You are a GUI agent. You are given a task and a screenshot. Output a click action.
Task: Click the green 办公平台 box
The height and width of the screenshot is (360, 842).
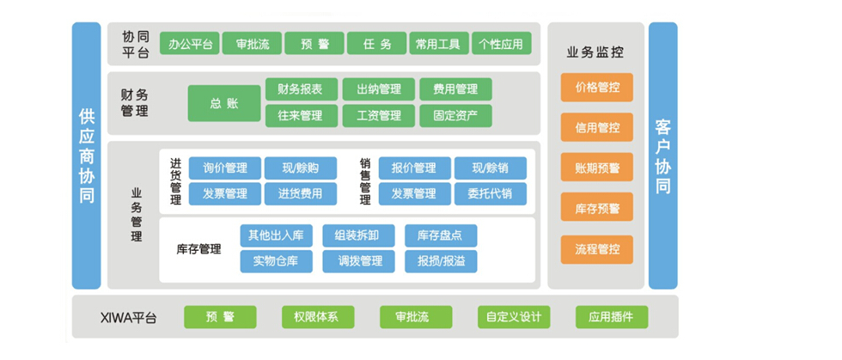click(x=191, y=44)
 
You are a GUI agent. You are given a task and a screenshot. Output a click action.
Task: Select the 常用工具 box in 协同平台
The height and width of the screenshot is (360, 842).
click(x=438, y=44)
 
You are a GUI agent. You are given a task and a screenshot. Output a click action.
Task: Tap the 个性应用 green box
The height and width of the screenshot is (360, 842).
click(x=501, y=44)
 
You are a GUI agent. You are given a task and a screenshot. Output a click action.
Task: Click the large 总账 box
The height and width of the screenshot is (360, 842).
click(x=224, y=103)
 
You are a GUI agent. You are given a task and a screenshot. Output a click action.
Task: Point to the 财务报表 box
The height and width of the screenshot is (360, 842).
click(x=300, y=89)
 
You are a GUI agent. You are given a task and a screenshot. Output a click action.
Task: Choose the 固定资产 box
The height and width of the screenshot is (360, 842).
click(x=455, y=115)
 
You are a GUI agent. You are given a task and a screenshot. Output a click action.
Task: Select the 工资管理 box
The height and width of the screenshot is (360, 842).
click(x=377, y=115)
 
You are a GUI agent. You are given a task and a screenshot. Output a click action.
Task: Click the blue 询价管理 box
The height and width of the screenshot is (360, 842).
click(x=225, y=168)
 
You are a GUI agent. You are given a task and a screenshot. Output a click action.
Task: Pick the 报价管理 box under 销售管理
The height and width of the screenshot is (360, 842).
click(x=414, y=168)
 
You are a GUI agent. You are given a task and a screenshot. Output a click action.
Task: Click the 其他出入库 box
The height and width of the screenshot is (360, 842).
click(x=276, y=235)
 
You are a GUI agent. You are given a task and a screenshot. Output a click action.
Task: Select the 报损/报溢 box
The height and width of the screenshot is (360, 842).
click(x=441, y=261)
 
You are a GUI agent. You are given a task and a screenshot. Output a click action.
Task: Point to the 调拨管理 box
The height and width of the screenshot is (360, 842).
click(x=359, y=261)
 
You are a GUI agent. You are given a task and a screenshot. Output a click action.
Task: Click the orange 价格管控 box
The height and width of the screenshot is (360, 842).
click(x=596, y=88)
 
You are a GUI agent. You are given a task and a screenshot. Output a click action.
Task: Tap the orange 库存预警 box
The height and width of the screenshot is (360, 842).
click(x=596, y=207)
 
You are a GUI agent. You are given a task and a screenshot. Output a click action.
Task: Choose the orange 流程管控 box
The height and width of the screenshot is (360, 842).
click(x=596, y=249)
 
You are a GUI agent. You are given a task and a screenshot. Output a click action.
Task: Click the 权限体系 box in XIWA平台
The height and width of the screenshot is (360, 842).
click(x=317, y=317)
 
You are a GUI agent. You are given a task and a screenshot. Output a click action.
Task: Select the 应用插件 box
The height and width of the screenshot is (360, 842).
click(x=611, y=317)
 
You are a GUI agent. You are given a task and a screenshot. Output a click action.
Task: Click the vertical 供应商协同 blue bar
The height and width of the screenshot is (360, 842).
click(x=87, y=156)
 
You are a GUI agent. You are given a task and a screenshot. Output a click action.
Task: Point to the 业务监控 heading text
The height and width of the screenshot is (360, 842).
click(x=595, y=52)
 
